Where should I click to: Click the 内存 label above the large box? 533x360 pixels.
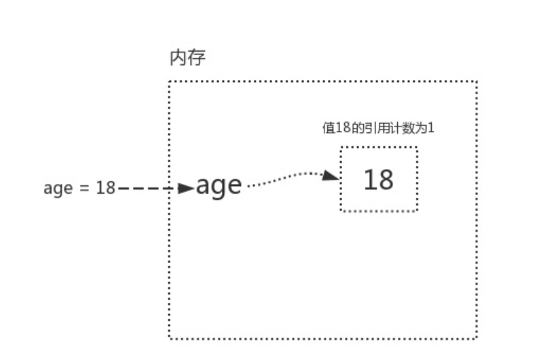(x=187, y=58)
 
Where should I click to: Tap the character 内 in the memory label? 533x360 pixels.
(x=178, y=58)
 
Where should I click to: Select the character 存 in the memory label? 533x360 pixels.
(x=197, y=58)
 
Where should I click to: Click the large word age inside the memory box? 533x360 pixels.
(x=219, y=185)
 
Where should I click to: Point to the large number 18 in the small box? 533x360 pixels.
(x=378, y=180)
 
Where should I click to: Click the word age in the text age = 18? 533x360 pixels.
(x=57, y=190)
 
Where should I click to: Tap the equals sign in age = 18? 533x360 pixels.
(x=83, y=189)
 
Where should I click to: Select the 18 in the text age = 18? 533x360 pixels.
(x=105, y=188)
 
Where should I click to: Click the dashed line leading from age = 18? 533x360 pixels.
(x=145, y=189)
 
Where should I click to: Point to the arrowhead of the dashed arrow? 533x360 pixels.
(x=186, y=189)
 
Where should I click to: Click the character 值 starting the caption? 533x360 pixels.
(x=327, y=129)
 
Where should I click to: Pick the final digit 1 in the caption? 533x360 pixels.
(x=440, y=129)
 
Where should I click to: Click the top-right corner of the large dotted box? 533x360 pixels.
(x=477, y=81)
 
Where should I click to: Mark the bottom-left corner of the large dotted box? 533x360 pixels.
(x=170, y=339)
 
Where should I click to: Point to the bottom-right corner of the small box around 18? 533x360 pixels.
(x=417, y=211)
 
